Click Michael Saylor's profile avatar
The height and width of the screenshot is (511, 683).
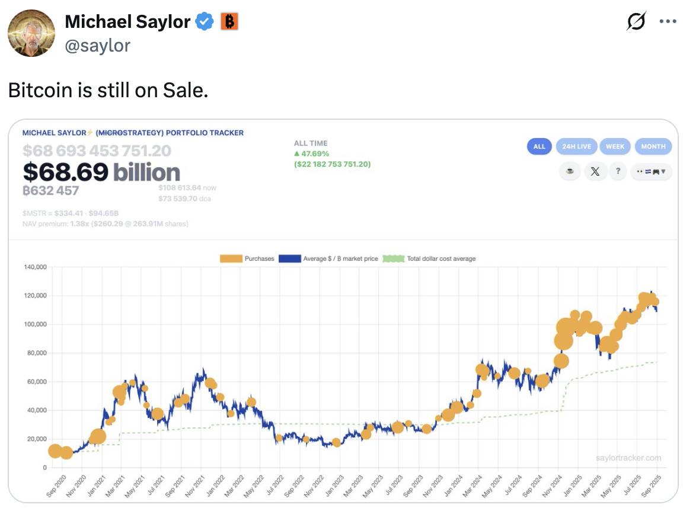coord(31,33)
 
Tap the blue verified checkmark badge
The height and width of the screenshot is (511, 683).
coord(205,22)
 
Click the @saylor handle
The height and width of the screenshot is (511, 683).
coord(97,46)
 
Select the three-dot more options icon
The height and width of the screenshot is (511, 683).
coord(668,22)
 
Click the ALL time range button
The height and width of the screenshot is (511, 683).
coord(539,146)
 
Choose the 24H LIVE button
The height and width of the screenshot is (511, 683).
coord(576,146)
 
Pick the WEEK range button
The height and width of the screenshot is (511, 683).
coord(615,146)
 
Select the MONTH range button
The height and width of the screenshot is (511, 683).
coord(653,146)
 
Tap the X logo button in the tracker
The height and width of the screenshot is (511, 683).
coord(595,171)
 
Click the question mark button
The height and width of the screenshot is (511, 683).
coord(618,171)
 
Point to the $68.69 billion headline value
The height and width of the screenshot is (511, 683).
coord(101,172)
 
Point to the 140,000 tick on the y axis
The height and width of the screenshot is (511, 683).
coord(35,267)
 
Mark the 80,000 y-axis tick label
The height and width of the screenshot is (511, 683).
coord(36,353)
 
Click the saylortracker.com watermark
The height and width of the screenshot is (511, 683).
coord(628,458)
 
